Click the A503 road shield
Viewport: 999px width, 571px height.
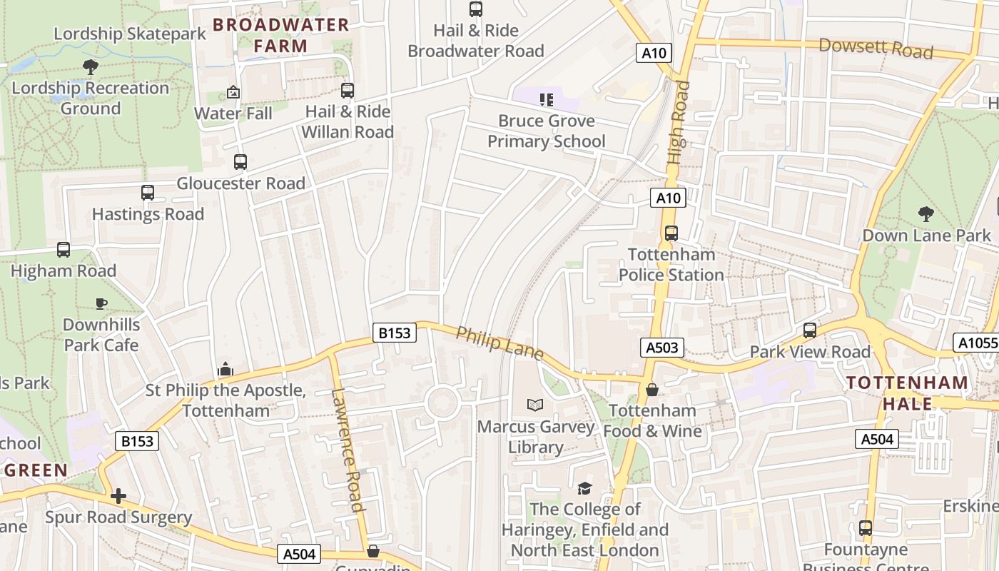point(662,348)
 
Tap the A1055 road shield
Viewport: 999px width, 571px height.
point(976,343)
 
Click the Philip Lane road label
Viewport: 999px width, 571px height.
point(499,343)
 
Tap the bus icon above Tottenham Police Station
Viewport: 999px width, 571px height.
point(671,233)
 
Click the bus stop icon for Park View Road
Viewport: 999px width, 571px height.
point(810,330)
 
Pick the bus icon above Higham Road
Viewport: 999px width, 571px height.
point(64,249)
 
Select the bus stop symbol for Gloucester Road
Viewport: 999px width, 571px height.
point(240,161)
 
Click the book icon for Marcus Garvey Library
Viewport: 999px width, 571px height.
point(535,405)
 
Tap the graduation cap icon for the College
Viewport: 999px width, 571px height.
point(584,487)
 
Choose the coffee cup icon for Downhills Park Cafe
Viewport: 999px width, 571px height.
point(101,303)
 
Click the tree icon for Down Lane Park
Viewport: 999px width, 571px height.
point(926,213)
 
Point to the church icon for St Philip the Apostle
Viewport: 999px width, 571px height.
point(225,369)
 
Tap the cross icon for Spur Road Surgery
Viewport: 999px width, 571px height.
point(118,495)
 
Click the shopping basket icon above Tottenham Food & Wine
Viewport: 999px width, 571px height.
point(651,389)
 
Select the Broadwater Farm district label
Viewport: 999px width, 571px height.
point(281,35)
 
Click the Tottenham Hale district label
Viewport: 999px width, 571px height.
point(907,393)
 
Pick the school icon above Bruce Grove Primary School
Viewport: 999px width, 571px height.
point(547,99)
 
